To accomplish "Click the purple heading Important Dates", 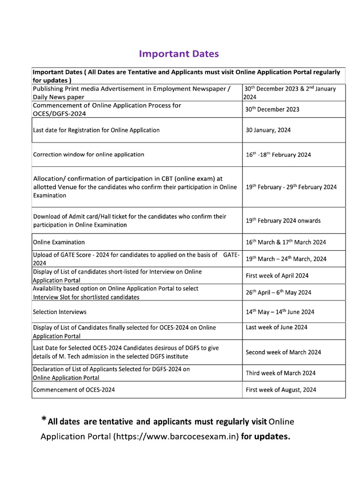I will (x=179, y=54).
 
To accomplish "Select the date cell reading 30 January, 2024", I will (x=268, y=130).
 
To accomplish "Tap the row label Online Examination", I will (x=59, y=242).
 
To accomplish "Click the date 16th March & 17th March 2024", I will (x=285, y=242).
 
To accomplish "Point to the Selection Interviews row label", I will (x=60, y=312).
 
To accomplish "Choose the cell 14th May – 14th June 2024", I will (x=280, y=312).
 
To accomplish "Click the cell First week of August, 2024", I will (x=281, y=390).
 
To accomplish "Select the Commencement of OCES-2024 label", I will (x=74, y=390).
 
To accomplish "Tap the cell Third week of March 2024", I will (x=280, y=373).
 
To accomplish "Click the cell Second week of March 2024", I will (x=283, y=352).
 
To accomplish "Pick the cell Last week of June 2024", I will (x=277, y=327).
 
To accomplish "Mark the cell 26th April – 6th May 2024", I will (x=278, y=292).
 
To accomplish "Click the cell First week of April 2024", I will (x=277, y=276).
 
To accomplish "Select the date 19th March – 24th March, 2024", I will (x=286, y=259).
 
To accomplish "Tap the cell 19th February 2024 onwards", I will (x=283, y=221).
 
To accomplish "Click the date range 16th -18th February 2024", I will (x=278, y=155).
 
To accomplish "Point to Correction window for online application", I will (x=89, y=154).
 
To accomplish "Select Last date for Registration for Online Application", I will (x=96, y=130).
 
